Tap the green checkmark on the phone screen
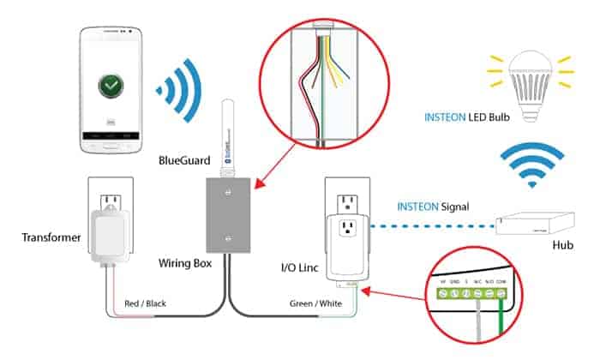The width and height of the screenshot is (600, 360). point(109,86)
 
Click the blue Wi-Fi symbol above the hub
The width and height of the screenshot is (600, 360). point(531,164)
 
